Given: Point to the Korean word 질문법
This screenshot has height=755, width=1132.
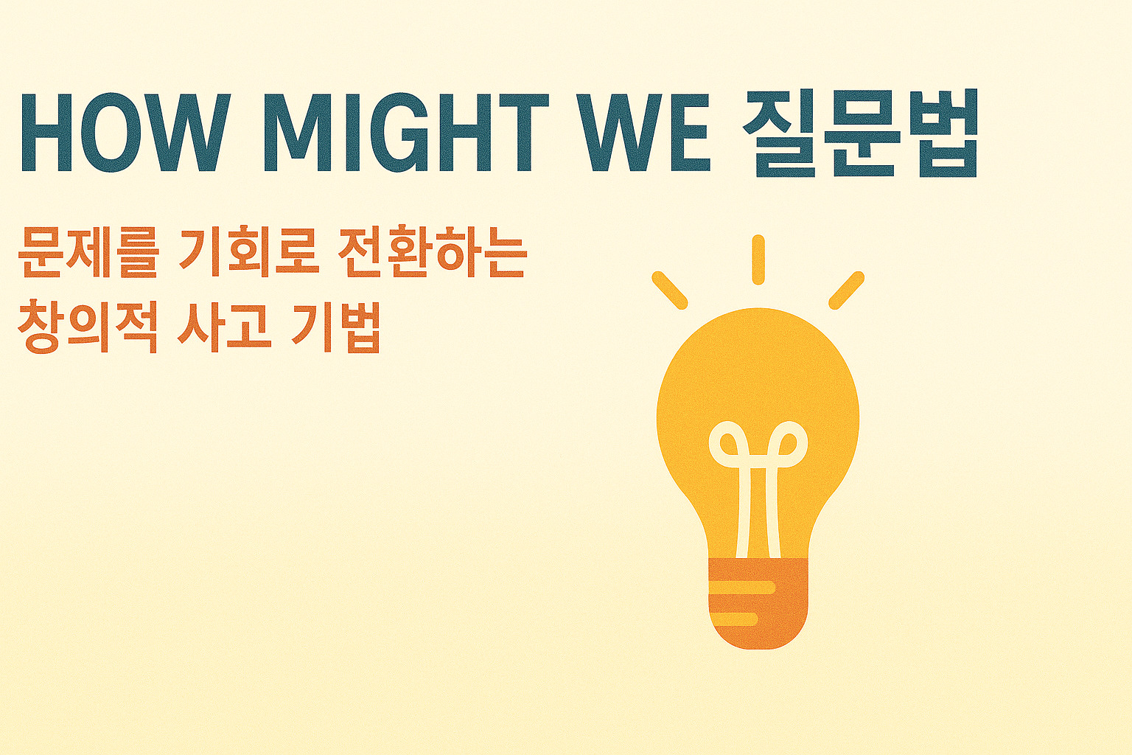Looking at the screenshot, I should click(859, 134).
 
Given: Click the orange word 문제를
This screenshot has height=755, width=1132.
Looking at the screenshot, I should click(88, 253).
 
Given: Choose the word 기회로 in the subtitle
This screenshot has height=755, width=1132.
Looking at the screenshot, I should click(248, 253).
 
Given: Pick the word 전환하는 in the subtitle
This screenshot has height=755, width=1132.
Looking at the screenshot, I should click(432, 253).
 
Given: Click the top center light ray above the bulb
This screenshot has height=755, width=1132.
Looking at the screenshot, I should click(758, 260).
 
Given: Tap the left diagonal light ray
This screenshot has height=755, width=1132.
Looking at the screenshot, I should click(670, 290).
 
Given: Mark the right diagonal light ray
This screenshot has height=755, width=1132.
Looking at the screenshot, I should click(846, 290).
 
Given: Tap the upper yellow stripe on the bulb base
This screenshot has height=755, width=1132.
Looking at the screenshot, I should click(741, 588).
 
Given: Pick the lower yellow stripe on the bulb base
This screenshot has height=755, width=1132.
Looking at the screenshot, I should click(733, 619).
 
